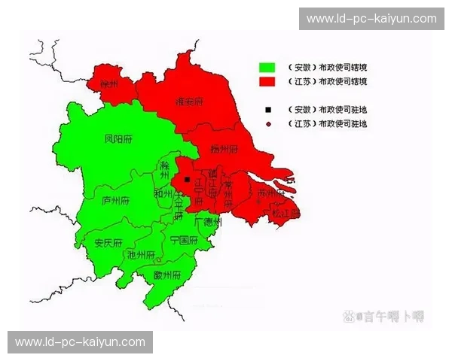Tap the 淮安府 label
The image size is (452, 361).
click(189, 101)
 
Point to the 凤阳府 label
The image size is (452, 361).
click(118, 139)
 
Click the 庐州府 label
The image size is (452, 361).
click(115, 201)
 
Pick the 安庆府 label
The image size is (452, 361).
click(108, 242)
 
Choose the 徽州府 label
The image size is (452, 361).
click(166, 275)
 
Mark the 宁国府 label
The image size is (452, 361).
click(183, 241)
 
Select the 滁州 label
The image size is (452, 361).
click(166, 171)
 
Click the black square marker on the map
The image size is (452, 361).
click(187, 179)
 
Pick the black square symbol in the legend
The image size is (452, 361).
click(267, 109)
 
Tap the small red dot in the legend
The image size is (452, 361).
click(267, 123)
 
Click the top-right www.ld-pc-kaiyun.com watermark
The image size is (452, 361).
click(371, 18)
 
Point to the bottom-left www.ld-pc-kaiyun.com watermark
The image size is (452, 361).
click(81, 341)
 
